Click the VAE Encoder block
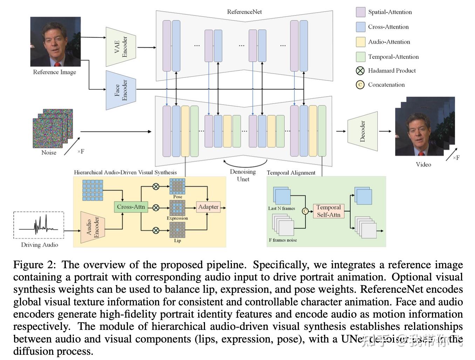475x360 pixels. click(121, 47)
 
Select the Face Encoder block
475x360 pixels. click(121, 90)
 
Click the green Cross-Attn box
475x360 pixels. click(131, 207)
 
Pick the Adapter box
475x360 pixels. click(208, 207)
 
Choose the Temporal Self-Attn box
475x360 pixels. click(328, 211)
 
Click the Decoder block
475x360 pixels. click(363, 131)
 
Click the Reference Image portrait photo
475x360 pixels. click(55, 42)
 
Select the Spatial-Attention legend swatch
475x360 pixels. click(360, 12)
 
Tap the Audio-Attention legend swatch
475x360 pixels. click(360, 42)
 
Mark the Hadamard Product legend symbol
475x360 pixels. click(360, 71)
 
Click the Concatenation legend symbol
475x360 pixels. click(360, 85)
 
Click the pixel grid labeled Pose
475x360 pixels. click(177, 186)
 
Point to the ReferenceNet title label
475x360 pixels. click(244, 12)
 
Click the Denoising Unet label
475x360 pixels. click(243, 175)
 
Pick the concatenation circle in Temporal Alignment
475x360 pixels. click(305, 211)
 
